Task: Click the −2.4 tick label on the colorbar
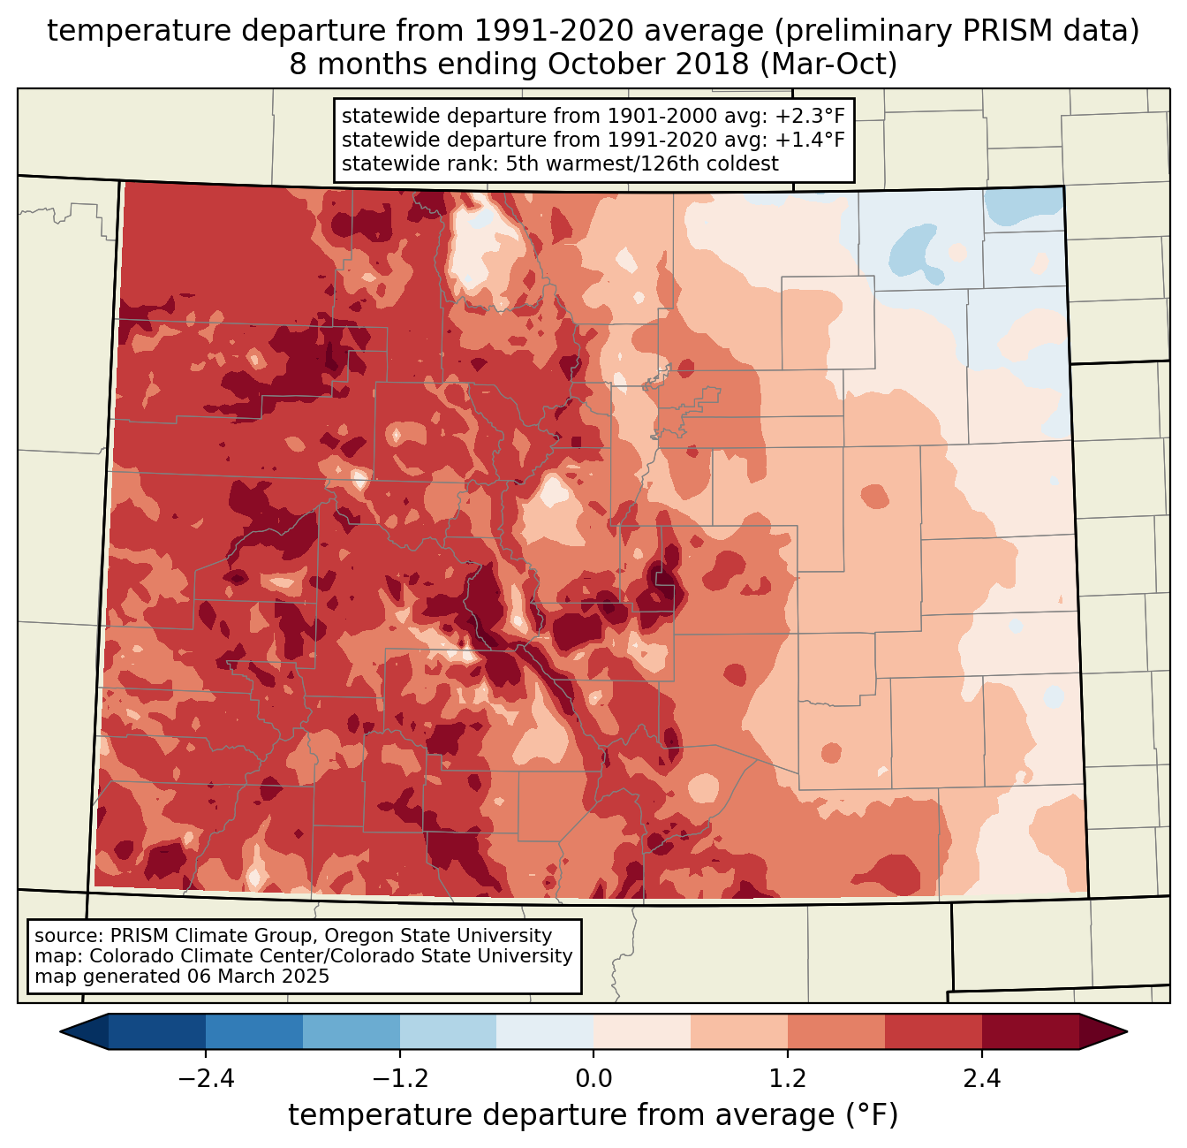tap(206, 1079)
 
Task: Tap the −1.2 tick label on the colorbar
tap(400, 1079)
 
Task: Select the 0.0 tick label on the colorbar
tap(593, 1079)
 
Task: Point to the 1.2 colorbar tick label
tap(788, 1079)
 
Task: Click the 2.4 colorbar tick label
tap(982, 1079)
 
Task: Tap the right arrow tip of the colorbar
tap(1124, 1031)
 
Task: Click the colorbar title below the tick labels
tap(593, 1115)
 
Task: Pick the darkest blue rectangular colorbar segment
tap(157, 1031)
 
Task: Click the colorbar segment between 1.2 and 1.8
tap(836, 1031)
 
